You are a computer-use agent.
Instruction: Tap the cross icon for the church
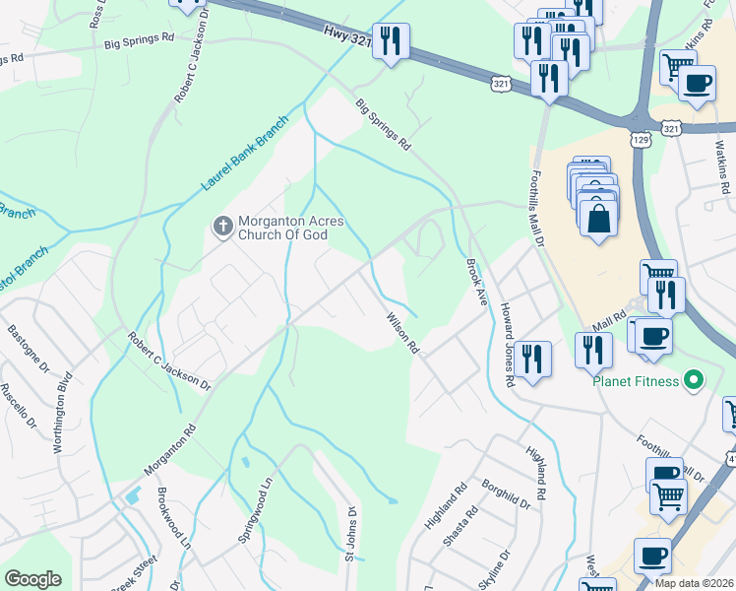(222, 229)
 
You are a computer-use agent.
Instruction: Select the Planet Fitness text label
(637, 381)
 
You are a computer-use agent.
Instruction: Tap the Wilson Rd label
(403, 334)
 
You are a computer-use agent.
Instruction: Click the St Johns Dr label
(349, 535)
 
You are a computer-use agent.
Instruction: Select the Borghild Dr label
(506, 495)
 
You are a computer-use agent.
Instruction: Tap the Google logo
(32, 579)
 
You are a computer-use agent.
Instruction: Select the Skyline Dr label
(498, 573)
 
